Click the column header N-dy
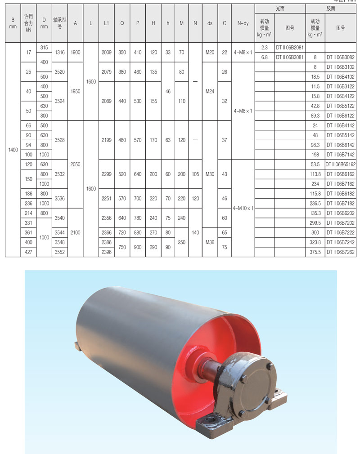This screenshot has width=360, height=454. tap(243, 23)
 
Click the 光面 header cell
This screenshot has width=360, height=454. tap(280, 9)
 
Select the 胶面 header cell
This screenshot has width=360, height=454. tap(331, 9)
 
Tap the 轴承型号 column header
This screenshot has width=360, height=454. tap(60, 23)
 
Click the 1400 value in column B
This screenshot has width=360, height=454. tap(13, 150)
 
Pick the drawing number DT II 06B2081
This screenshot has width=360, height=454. tap(289, 48)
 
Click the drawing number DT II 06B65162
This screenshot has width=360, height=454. tap(341, 165)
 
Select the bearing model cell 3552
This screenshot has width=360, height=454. tap(60, 252)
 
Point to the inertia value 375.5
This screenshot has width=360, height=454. tap(315, 252)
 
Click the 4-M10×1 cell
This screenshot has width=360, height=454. tap(243, 208)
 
